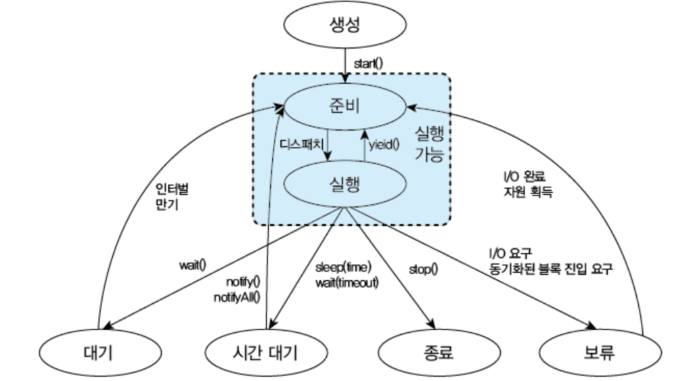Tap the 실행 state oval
[346, 185]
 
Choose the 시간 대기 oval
[261, 352]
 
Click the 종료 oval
[434, 352]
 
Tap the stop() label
[423, 269]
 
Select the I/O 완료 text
[519, 177]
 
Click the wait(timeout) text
[346, 282]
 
